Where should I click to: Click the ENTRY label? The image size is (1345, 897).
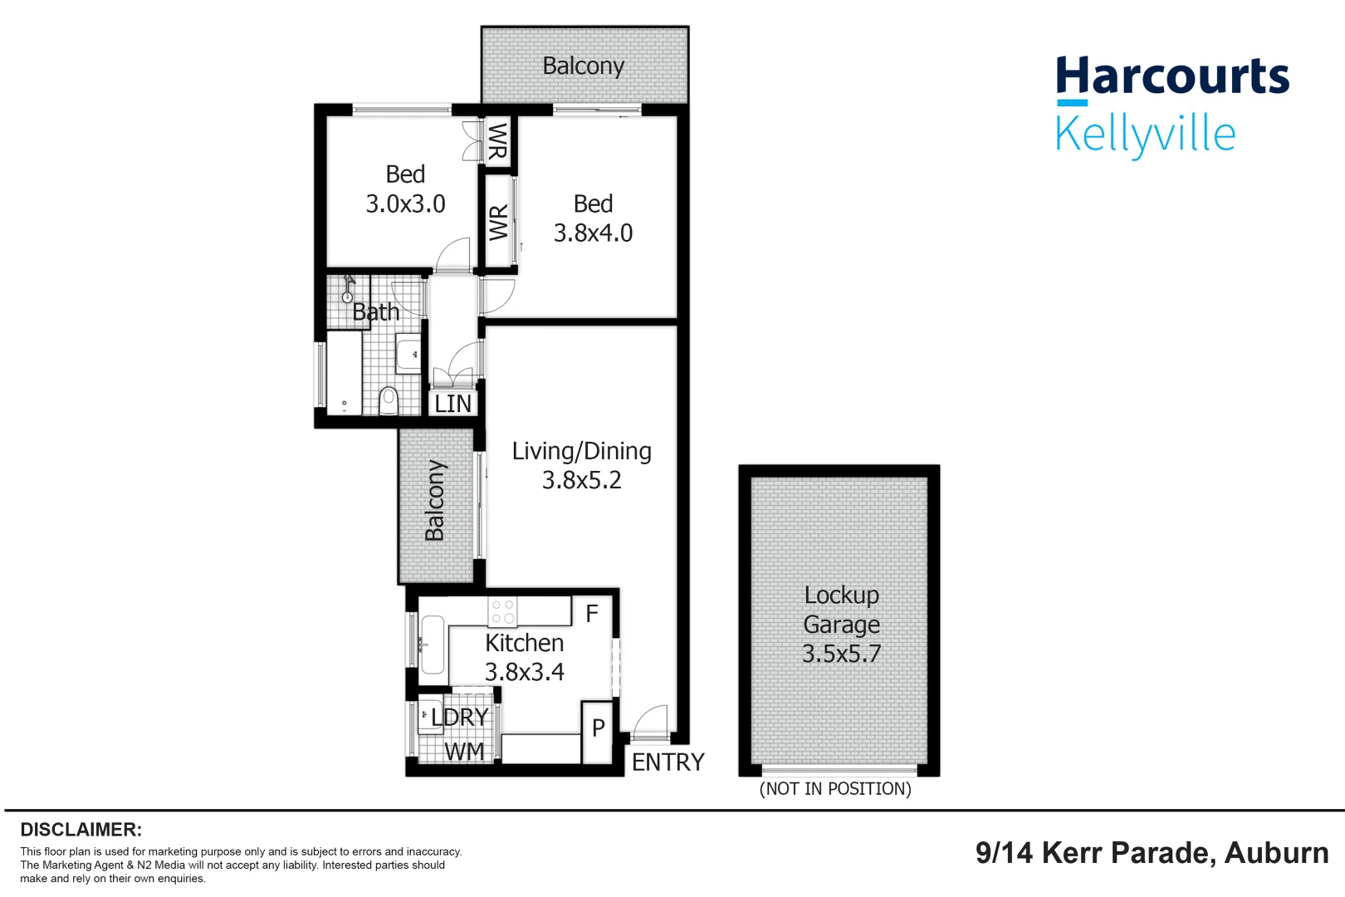point(668,762)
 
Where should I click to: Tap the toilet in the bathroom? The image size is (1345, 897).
point(389,400)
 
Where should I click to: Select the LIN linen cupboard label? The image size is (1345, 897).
point(452,404)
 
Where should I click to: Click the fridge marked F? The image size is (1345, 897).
point(592,614)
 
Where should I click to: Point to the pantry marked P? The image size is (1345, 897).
point(598,728)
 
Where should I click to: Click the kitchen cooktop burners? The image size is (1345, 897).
point(502,612)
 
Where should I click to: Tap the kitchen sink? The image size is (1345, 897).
point(432,645)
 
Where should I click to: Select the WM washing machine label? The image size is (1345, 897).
point(464,751)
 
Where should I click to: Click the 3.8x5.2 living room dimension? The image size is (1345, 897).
point(581,480)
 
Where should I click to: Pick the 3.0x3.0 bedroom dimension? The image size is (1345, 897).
point(405,203)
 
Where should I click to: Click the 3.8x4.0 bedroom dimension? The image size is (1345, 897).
point(593,233)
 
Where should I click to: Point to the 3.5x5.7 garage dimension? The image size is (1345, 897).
point(841,654)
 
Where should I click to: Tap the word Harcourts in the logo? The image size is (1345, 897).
point(1171,76)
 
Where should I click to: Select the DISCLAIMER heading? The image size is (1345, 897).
point(81,829)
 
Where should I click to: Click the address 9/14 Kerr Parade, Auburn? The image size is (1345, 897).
point(1152,853)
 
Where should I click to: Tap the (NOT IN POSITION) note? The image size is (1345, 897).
point(835,788)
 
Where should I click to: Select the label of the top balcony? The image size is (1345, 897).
point(583,66)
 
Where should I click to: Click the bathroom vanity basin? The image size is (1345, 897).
point(408,355)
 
